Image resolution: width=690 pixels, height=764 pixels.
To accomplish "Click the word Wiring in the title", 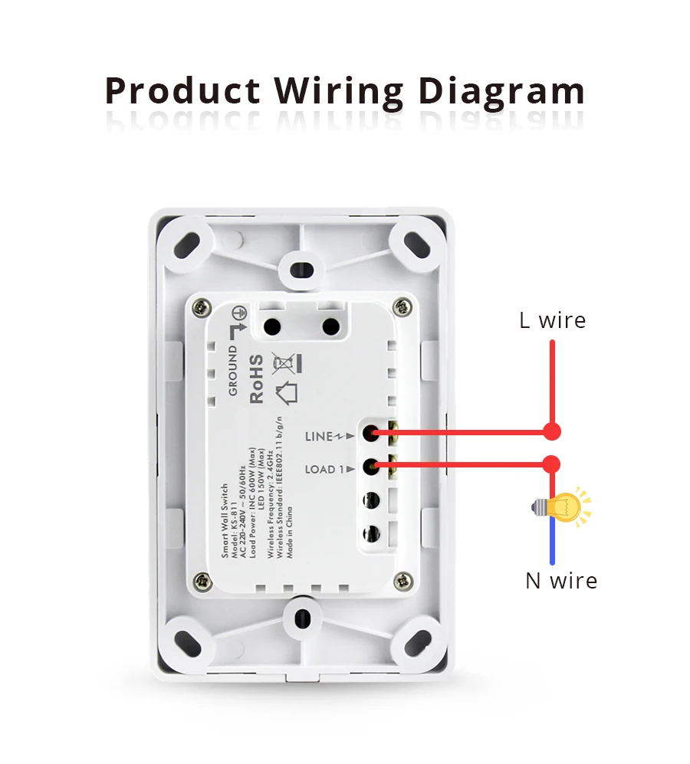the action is coord(340,92).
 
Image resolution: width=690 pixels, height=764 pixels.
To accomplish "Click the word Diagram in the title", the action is coord(501,92).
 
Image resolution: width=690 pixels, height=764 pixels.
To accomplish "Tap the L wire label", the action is coord(552,320).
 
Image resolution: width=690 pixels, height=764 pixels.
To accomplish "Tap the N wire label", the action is coord(561,581).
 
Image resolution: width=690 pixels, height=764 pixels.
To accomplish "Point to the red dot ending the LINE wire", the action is coord(552,432).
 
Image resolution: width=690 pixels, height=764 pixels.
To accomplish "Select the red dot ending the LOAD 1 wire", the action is coord(552,464).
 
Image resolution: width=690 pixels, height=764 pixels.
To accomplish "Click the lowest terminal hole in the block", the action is coord(371,533).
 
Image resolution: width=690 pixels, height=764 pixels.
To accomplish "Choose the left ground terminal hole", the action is coord(271,326).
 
